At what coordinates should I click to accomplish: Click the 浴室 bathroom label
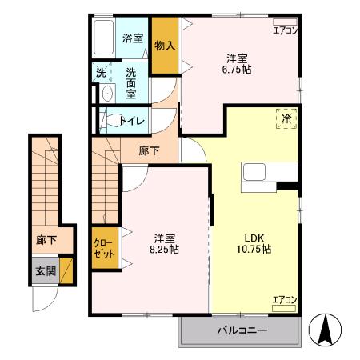(133, 38)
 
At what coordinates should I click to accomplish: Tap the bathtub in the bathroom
(103, 38)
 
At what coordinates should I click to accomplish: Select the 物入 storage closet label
(165, 46)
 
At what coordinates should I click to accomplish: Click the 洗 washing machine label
(101, 72)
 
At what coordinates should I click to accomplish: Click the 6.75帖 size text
(236, 70)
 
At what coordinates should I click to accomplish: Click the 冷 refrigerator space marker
(286, 118)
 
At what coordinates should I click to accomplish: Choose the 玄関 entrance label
(46, 272)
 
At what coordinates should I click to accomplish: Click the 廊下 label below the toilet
(148, 150)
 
